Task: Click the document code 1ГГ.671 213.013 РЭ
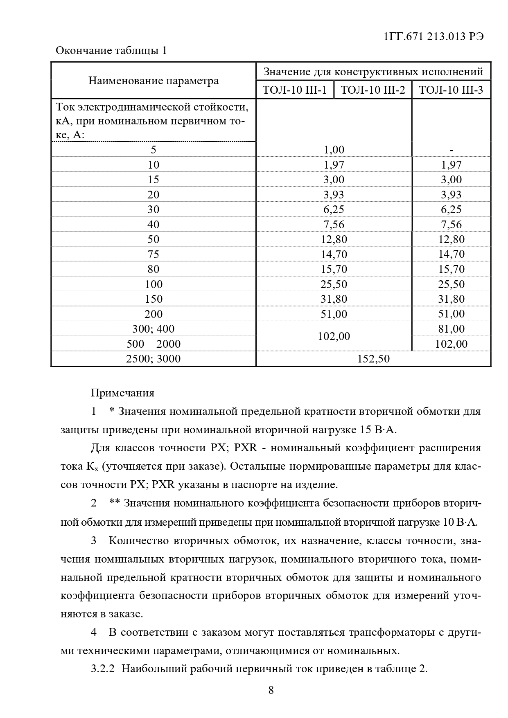pos(434,36)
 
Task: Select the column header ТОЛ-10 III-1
pos(295,90)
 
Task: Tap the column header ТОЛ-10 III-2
pos(373,90)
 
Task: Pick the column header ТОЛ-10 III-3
pos(451,90)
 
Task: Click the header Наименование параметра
pos(154,81)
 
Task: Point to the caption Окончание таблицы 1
pos(111,51)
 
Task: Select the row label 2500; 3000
pos(154,359)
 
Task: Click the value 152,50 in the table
pos(373,359)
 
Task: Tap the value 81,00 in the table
pos(451,329)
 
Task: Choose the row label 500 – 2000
pos(154,344)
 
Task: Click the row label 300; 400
pos(154,329)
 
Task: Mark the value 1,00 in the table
pos(334,150)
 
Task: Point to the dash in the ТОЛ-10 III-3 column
pos(451,150)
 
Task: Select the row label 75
pos(154,254)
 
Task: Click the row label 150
pos(154,299)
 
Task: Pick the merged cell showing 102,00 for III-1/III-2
pos(334,336)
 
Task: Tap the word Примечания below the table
pos(123,393)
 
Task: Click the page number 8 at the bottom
pos(271,691)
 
